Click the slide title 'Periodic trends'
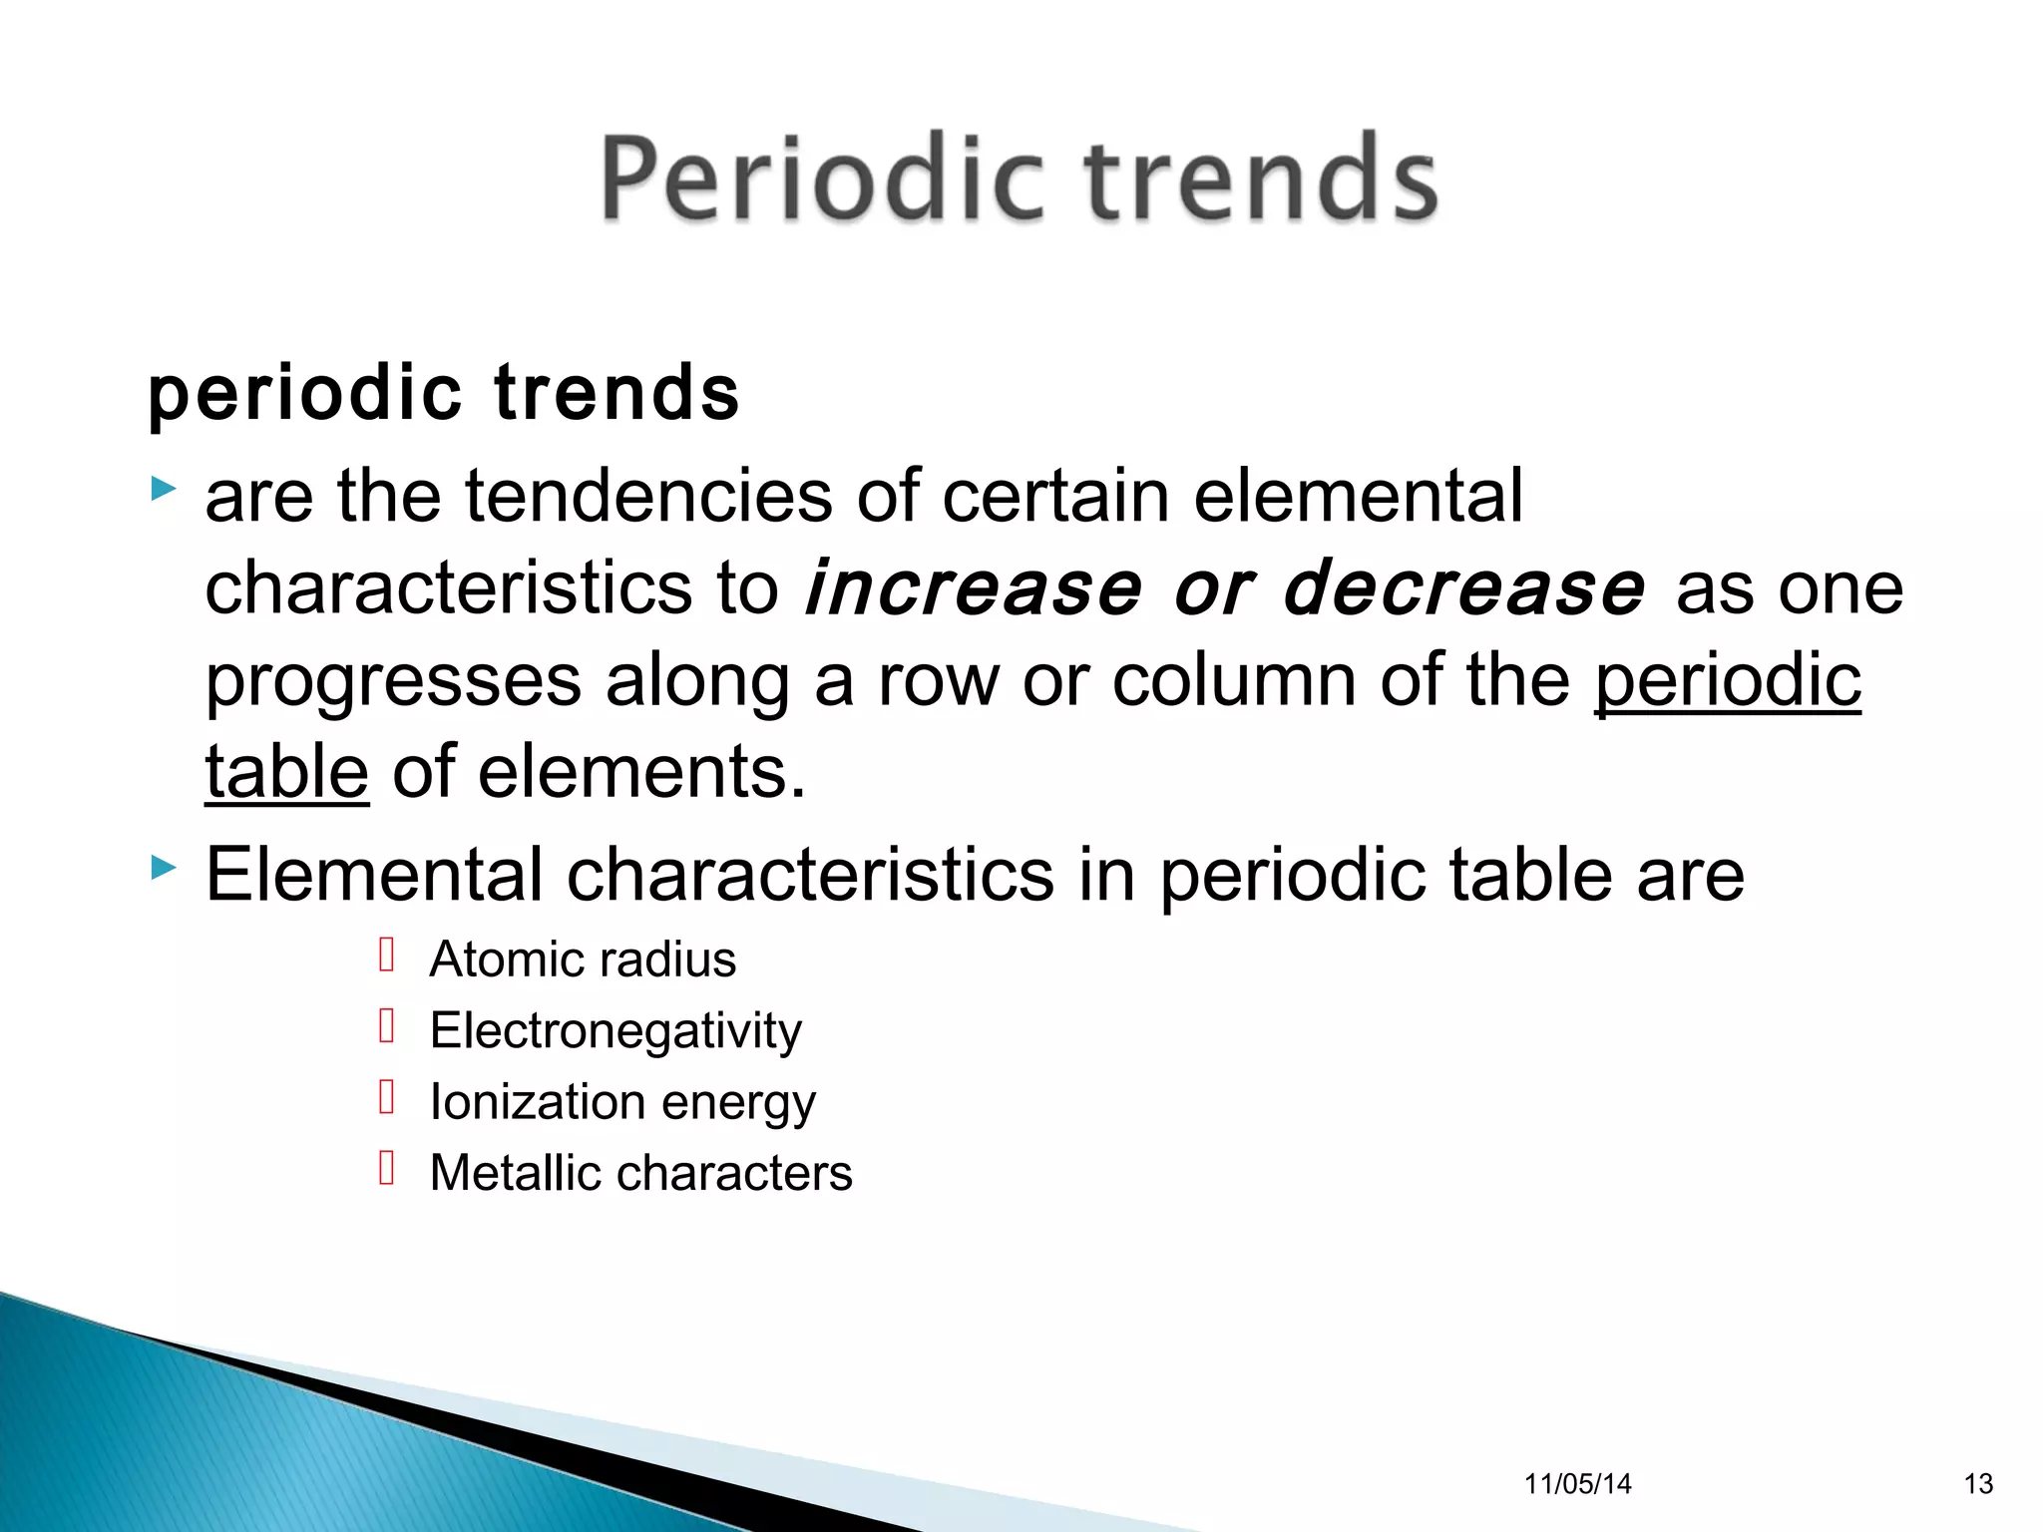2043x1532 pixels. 1019,180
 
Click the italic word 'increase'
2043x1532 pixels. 973,587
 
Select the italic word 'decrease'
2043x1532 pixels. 1462,587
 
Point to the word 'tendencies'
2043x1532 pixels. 647,496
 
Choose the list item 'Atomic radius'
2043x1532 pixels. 583,959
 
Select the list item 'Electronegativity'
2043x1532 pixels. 615,1030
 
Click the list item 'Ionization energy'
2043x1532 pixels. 622,1102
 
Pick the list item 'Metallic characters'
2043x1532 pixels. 640,1173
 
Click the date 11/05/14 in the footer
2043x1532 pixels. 1577,1484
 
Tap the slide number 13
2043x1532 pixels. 1978,1484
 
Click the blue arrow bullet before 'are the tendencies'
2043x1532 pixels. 163,489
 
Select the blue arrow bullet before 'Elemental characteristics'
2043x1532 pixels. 163,868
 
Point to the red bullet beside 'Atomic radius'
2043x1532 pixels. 387,955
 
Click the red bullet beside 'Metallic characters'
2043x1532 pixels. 387,1167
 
